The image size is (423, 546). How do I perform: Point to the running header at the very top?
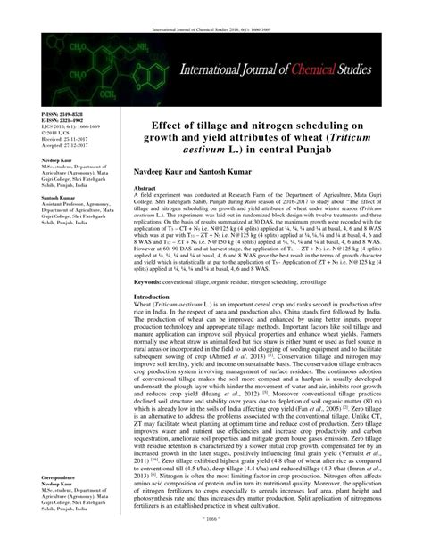(x=211, y=5)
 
